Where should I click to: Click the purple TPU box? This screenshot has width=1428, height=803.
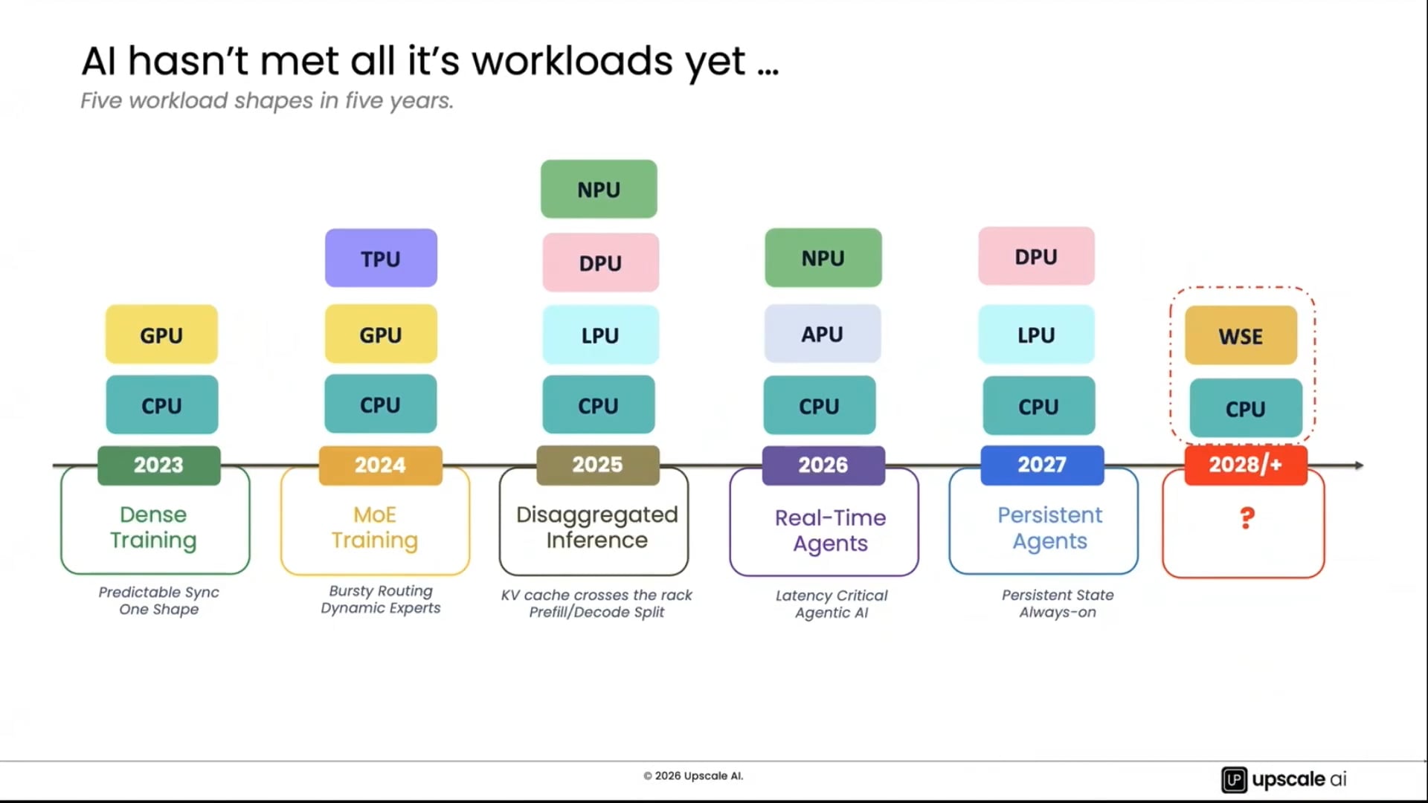click(x=381, y=258)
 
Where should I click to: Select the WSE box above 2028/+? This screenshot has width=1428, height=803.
click(x=1241, y=335)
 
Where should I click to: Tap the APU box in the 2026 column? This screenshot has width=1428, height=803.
click(x=823, y=334)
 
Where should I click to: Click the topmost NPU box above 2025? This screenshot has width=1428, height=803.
click(x=599, y=189)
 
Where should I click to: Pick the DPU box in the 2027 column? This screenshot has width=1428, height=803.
click(x=1036, y=257)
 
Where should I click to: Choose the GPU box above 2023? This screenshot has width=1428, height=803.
click(x=161, y=335)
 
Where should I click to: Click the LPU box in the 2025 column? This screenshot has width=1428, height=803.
click(x=600, y=335)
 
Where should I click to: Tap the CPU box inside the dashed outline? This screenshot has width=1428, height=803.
click(x=1246, y=408)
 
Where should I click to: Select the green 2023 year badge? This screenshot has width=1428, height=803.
click(x=158, y=465)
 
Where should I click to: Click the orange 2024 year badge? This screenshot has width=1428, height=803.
click(x=380, y=465)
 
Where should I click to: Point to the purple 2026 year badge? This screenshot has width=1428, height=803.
click(x=823, y=465)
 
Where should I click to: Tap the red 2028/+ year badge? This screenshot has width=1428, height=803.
click(x=1246, y=465)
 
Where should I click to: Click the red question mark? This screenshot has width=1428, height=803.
click(x=1247, y=517)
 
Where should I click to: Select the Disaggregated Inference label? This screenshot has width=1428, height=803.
click(x=596, y=527)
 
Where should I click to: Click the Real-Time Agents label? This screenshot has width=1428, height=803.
click(x=830, y=530)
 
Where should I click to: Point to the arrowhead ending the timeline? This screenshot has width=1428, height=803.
click(x=1359, y=465)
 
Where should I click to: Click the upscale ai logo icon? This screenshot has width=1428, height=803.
click(x=1234, y=779)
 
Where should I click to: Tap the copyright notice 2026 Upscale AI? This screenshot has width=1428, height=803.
click(x=693, y=775)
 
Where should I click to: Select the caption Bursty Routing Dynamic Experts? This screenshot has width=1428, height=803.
click(x=381, y=599)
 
